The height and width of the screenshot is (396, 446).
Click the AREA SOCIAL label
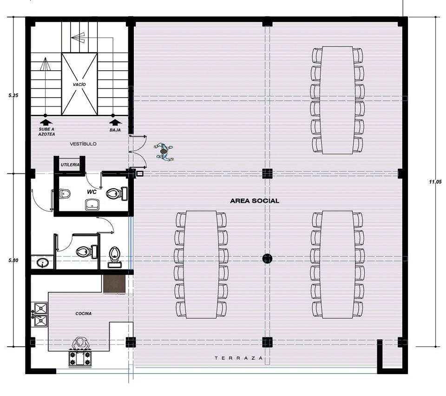pos(255,201)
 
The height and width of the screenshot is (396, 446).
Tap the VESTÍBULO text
pos(83,144)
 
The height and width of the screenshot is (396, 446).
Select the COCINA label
pos(84,313)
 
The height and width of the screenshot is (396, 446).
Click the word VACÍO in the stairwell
pos(79,85)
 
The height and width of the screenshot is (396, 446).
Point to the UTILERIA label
pos(70,165)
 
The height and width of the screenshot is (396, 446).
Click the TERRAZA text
pos(239,358)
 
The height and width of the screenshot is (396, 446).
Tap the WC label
pos(92,192)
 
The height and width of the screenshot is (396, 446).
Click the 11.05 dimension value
pos(435,182)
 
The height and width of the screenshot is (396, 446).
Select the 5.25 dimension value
pos(13,95)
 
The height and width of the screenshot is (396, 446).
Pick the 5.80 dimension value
pos(13,260)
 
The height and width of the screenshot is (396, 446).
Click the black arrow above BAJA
pos(115,122)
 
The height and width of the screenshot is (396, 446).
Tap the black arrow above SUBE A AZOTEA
pos(46,122)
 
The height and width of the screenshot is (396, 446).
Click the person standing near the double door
pos(164,152)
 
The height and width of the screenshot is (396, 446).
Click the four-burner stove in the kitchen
pos(80,358)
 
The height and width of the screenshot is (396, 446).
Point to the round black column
pos(267,258)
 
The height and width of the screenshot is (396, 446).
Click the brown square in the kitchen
pos(114,284)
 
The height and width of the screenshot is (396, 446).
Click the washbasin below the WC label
pos(92,204)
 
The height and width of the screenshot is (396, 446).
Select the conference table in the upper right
pos(337,100)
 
